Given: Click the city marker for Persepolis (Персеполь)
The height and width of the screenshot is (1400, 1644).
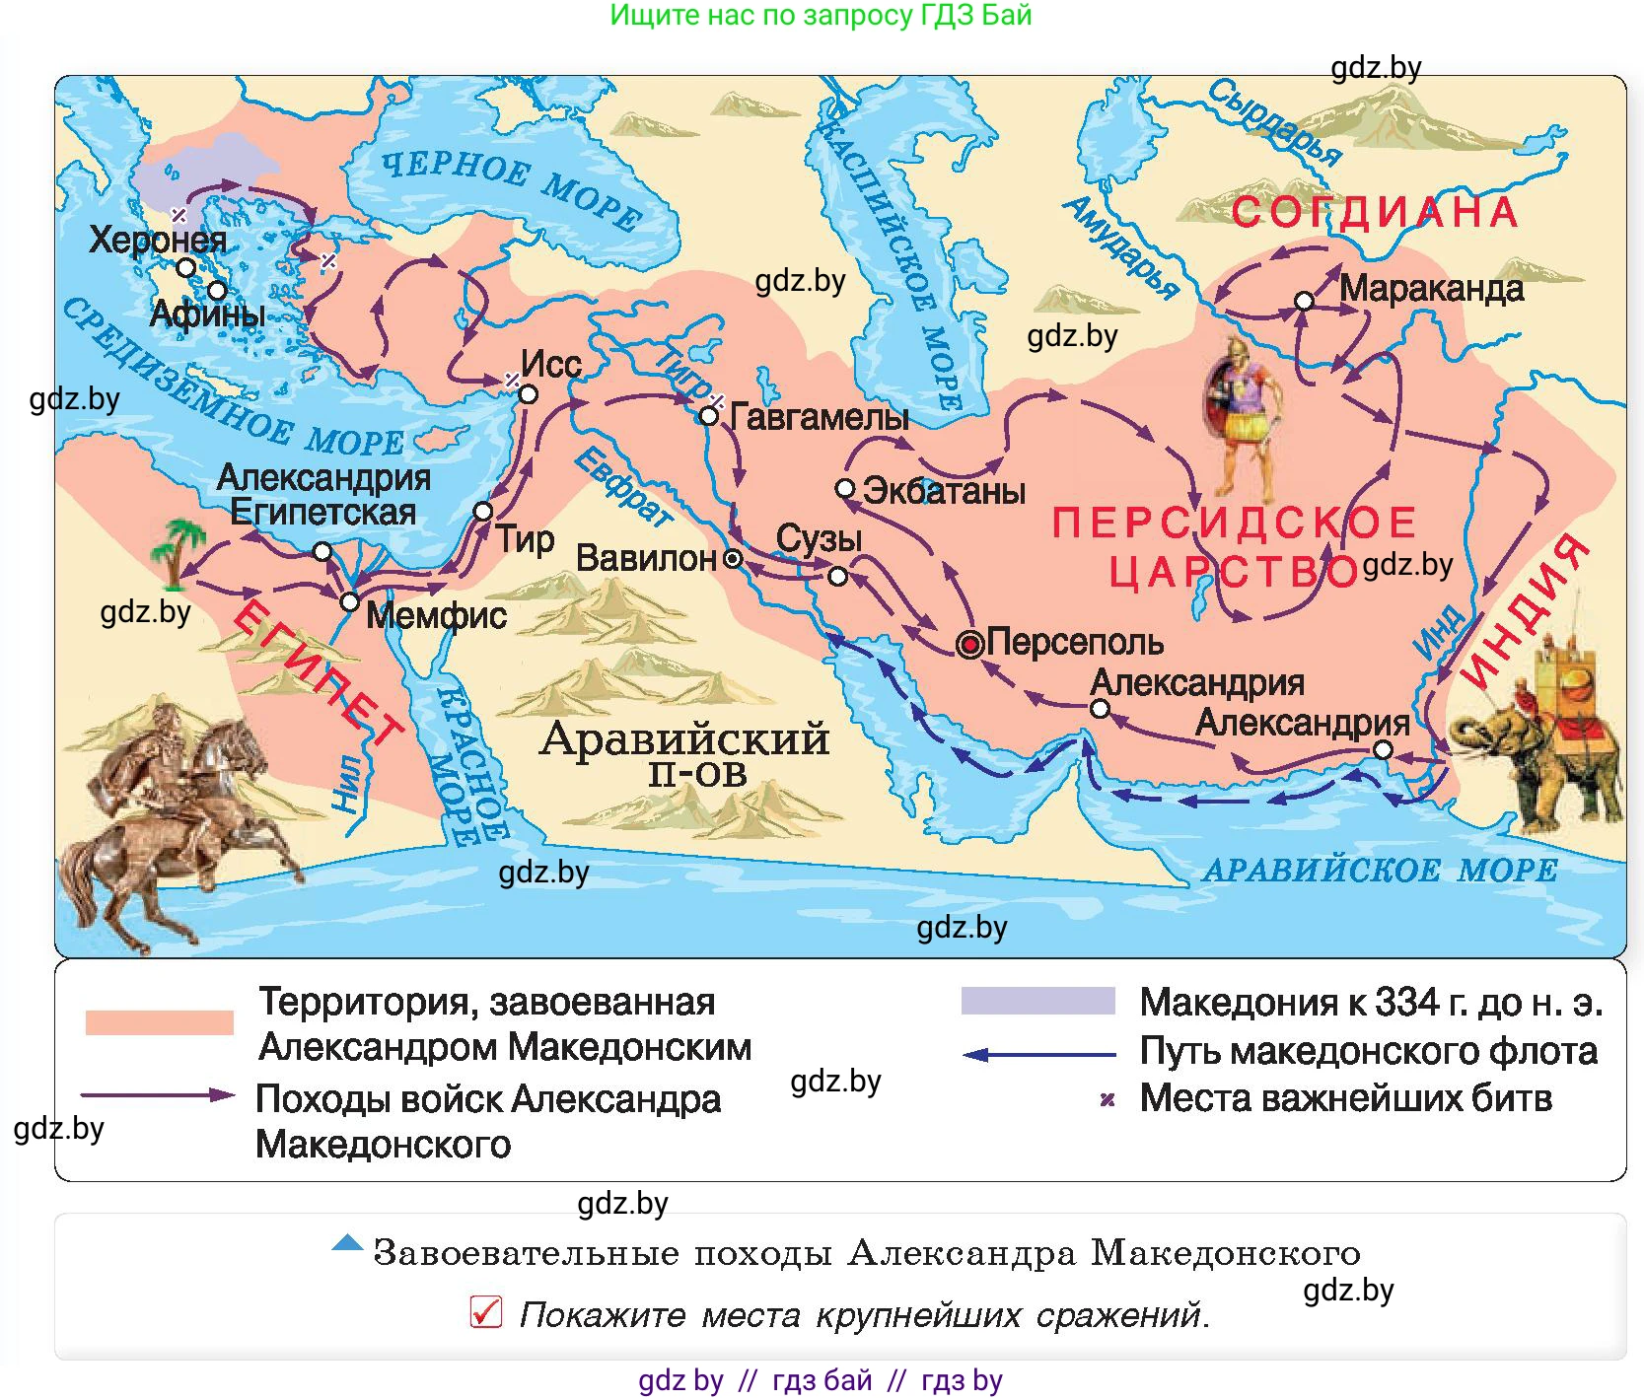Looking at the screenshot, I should pos(970,645).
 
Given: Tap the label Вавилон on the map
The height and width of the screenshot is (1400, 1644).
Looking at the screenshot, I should pos(646,559).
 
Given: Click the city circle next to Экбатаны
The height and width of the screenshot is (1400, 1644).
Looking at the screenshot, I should pos(845,488).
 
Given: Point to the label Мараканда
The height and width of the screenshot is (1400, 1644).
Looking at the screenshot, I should pos(1431,289).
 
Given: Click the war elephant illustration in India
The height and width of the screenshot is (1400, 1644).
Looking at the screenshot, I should pos(1538,739).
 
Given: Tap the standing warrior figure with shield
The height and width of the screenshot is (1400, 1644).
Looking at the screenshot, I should pos(1241,419).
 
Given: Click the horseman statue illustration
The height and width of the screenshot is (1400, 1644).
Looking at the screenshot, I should pos(168,818).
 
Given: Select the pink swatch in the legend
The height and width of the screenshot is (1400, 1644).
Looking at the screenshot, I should pos(159,1022).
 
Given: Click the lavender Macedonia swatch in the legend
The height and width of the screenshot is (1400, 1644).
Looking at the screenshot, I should pos(1037,1001).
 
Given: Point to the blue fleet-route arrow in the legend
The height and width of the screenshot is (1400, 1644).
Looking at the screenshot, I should pos(1037,1055).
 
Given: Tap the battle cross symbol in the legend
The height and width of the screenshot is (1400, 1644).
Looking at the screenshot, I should pos(1108,1099).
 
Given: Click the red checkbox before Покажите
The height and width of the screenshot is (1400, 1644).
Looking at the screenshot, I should pos(486,1312).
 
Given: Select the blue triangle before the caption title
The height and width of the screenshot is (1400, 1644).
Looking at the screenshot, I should pos(347,1243).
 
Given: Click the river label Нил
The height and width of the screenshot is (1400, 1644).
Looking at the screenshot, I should pos(347,784).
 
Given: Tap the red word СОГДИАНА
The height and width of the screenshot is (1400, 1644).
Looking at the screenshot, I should pos(1375,213).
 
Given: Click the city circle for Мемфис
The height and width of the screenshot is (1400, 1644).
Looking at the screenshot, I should pos(349,601).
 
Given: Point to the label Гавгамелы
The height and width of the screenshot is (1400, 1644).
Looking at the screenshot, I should pos(819,417).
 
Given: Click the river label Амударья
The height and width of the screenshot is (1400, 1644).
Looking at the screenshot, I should pos(1121,247).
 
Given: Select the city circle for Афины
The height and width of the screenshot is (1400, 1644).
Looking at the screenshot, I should pos(217,290).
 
